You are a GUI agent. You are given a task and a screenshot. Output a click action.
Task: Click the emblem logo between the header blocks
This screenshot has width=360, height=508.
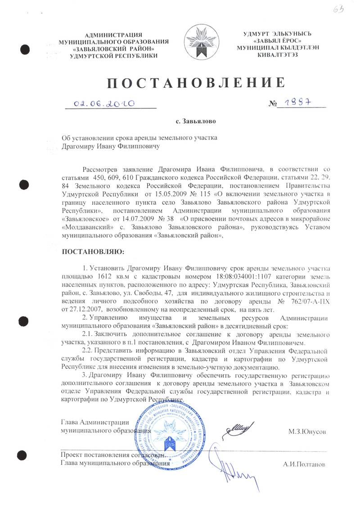(200, 43)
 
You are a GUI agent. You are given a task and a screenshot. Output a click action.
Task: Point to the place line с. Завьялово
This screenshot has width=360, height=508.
(196, 121)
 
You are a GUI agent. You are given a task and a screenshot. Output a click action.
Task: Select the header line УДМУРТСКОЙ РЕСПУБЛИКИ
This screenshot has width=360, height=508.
(114, 55)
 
